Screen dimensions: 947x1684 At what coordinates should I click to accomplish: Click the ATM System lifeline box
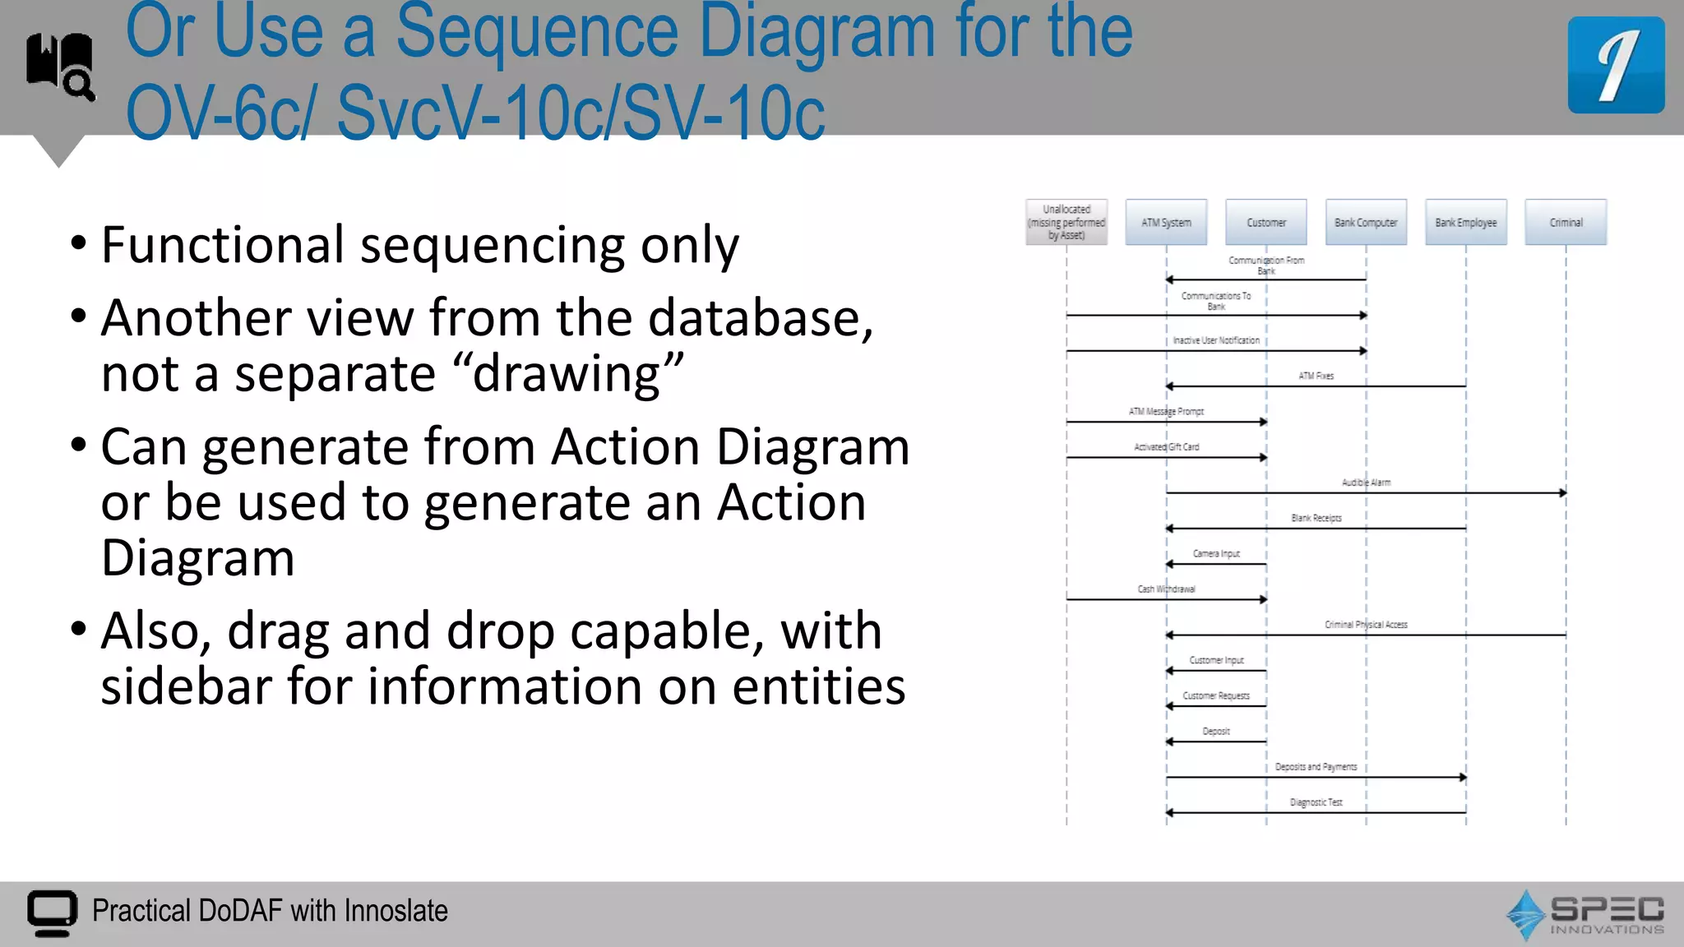point(1166,222)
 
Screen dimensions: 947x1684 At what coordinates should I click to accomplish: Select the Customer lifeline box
point(1265,222)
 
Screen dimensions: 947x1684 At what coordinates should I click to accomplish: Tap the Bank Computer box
point(1366,222)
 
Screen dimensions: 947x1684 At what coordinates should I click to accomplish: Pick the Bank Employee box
point(1465,222)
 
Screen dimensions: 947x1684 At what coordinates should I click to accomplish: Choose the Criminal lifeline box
point(1566,222)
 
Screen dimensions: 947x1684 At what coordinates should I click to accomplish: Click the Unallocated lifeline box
point(1066,222)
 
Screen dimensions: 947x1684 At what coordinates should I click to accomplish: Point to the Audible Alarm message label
point(1366,483)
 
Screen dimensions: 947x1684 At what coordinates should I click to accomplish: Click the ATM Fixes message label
point(1316,376)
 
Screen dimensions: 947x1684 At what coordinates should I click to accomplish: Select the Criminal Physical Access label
point(1366,625)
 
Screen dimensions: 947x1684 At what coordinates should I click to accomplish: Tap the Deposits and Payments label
point(1316,767)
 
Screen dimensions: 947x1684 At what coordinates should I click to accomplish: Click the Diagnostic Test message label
point(1316,802)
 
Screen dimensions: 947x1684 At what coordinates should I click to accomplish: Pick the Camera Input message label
point(1216,554)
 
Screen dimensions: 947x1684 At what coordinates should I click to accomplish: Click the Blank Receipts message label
point(1316,518)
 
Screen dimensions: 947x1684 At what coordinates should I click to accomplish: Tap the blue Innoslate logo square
point(1616,65)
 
